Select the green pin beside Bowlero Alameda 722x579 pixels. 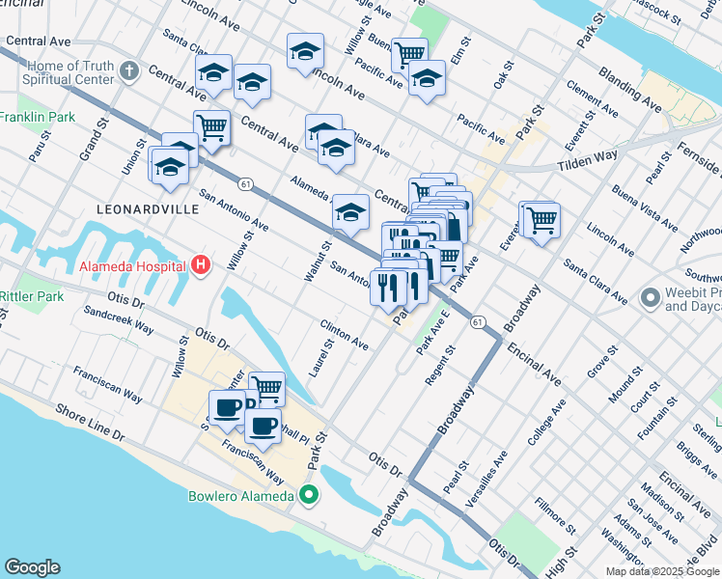[x=309, y=497]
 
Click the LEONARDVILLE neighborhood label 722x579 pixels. [x=138, y=208]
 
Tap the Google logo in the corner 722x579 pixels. [x=32, y=567]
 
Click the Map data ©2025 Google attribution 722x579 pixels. [x=662, y=571]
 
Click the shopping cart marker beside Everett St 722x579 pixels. [x=541, y=221]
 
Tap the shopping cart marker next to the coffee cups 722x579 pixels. [x=267, y=388]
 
